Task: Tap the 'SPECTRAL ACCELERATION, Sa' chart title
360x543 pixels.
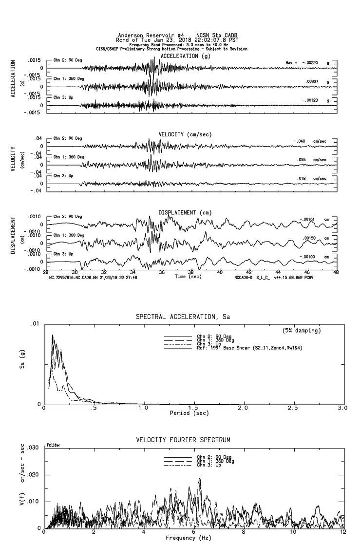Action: pos(182,317)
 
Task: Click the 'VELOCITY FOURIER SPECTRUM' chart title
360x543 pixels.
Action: pos(182,440)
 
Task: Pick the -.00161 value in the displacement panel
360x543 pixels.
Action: pos(308,219)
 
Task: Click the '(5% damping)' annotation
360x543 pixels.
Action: pos(301,331)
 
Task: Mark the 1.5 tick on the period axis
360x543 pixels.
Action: pos(193,408)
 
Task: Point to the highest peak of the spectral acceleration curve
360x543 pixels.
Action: pos(53,335)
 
